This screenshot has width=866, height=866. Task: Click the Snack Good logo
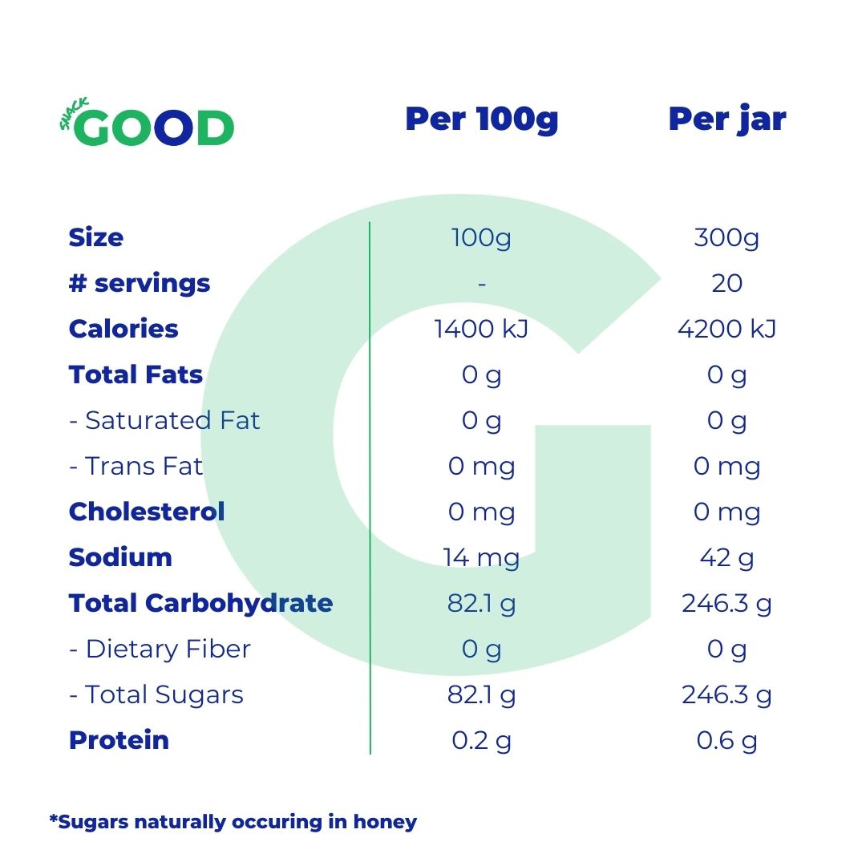tap(148, 126)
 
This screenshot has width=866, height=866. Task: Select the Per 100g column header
tap(481, 119)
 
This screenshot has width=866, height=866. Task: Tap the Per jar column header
tap(726, 119)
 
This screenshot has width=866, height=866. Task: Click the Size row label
tap(96, 237)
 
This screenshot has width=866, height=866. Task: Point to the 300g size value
tap(726, 238)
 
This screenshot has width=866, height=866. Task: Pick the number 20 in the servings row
tap(726, 284)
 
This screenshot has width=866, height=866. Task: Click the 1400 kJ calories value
tap(481, 330)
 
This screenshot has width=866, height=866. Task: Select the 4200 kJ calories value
tap(726, 330)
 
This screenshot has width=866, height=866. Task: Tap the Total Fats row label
tap(136, 374)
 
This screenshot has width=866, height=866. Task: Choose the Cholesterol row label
tap(147, 512)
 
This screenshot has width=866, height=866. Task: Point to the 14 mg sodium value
tap(481, 557)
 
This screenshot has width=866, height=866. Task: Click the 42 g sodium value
tap(726, 557)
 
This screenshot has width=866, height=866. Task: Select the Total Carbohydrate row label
tap(200, 603)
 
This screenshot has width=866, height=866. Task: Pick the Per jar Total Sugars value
tap(726, 694)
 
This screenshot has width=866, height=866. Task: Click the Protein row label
tap(119, 740)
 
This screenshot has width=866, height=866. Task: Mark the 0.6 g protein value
tap(726, 741)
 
